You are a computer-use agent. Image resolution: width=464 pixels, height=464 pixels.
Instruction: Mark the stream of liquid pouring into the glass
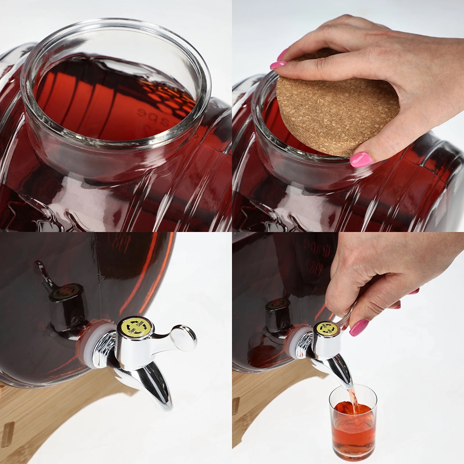pyautogui.click(x=354, y=397)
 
